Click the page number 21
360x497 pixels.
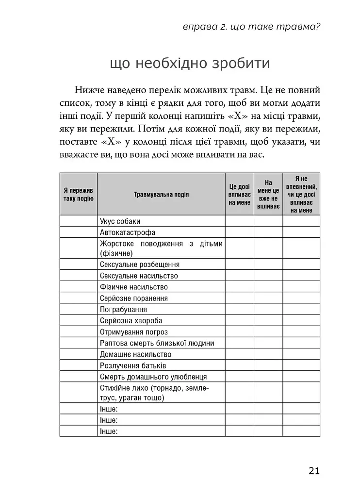(x=313, y=470)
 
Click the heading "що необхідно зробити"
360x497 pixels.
(x=190, y=64)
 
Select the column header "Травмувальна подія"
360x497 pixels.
(x=161, y=194)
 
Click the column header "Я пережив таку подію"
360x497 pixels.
(x=78, y=194)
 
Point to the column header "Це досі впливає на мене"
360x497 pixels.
(x=239, y=194)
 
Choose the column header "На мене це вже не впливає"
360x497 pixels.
(x=268, y=194)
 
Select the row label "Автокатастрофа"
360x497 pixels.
(x=128, y=232)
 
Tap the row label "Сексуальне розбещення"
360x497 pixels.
(x=140, y=265)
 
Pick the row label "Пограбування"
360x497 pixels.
(x=123, y=309)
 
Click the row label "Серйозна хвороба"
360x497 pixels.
(x=131, y=321)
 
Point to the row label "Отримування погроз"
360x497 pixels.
(x=134, y=332)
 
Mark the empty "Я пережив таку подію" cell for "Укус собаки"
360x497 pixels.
(x=78, y=221)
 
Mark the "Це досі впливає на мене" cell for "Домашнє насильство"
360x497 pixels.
(x=239, y=354)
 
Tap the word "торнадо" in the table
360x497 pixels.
(x=168, y=388)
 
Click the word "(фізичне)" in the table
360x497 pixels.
(x=116, y=253)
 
